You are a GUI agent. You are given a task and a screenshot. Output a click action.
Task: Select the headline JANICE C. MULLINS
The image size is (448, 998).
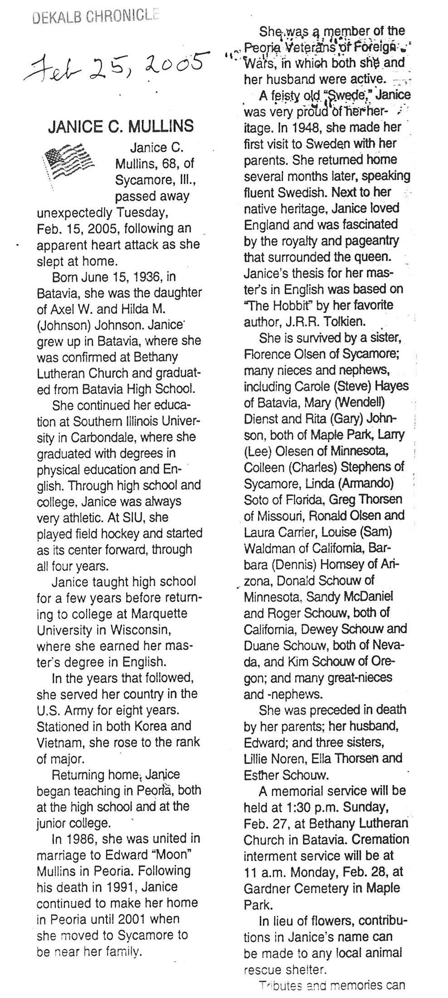[121, 126]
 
